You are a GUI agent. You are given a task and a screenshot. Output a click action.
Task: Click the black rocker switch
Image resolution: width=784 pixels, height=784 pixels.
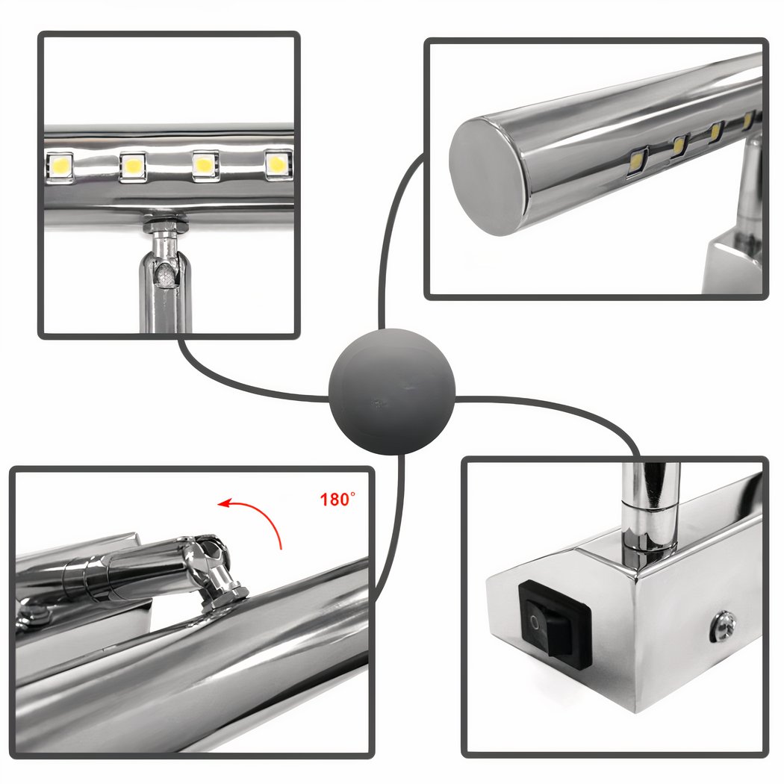coord(555,619)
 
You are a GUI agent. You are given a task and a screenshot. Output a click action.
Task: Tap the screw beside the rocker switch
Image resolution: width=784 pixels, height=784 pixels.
coord(724,625)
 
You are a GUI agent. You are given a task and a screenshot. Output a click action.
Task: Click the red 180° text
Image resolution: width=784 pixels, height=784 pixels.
coord(337,499)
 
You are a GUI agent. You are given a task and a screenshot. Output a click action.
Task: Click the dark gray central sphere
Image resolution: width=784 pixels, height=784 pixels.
coord(391,391)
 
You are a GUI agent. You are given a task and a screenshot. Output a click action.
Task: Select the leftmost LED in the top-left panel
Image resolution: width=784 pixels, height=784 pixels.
coord(60,167)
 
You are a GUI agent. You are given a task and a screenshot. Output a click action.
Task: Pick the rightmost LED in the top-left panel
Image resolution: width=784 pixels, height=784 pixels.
coord(278,164)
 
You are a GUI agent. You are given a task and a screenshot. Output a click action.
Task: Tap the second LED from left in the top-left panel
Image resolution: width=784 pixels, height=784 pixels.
coord(132,166)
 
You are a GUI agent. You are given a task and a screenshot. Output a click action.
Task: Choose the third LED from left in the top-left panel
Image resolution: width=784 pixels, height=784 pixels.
coord(205,165)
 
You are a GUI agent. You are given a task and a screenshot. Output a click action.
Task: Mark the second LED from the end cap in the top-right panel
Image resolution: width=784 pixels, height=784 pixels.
coord(680,146)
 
